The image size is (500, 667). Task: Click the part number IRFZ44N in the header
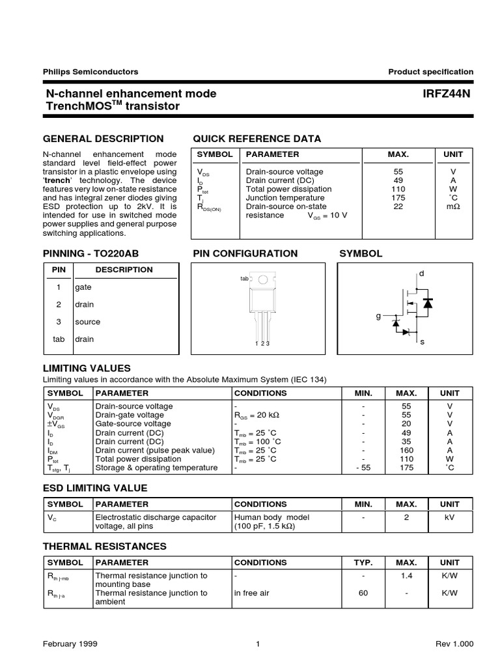[446, 94]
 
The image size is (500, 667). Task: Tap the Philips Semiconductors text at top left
[90, 72]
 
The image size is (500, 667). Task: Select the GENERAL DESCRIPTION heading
[103, 139]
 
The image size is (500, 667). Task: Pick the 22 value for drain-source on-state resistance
[398, 206]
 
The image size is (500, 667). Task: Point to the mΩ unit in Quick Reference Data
[453, 206]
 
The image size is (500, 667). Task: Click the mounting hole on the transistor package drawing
[262, 280]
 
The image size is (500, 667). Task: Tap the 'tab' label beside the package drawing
[244, 279]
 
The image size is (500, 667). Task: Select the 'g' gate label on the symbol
[378, 316]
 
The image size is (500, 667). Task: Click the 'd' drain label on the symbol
[421, 274]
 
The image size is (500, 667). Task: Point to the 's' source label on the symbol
[422, 342]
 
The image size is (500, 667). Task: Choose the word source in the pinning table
[88, 322]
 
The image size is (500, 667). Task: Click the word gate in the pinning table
[83, 287]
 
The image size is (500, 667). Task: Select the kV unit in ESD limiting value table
[449, 517]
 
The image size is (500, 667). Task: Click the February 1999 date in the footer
[70, 644]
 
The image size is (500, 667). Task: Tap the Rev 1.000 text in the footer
[454, 644]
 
